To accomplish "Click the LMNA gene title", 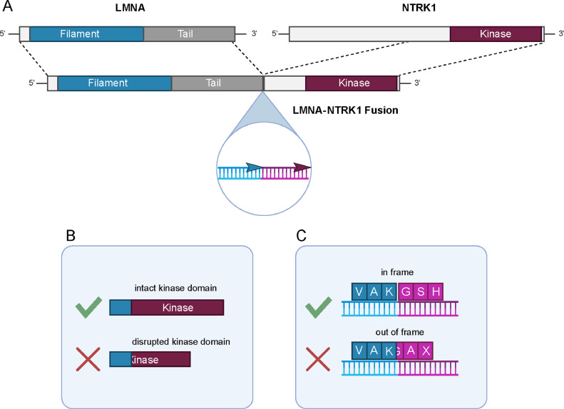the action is (130, 8).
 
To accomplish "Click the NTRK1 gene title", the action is (419, 8).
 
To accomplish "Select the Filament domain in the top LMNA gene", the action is (87, 33).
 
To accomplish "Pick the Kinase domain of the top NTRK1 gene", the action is (496, 33).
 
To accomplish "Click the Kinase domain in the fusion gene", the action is (352, 83).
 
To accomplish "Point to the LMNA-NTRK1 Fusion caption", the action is (345, 110).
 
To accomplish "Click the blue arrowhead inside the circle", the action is (255, 167).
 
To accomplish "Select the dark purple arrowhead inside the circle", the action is (302, 167).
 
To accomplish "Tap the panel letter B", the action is (71, 235).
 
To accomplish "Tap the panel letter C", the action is (301, 235).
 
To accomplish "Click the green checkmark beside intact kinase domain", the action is (88, 307).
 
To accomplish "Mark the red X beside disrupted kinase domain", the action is (88, 359).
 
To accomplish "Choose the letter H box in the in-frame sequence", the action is (436, 291).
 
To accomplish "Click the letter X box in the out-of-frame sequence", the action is (426, 351).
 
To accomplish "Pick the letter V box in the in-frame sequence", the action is (359, 291).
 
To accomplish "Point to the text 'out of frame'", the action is (399, 332).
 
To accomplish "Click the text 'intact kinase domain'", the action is (175, 288).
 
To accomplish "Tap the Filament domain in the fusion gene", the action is (114, 83).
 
